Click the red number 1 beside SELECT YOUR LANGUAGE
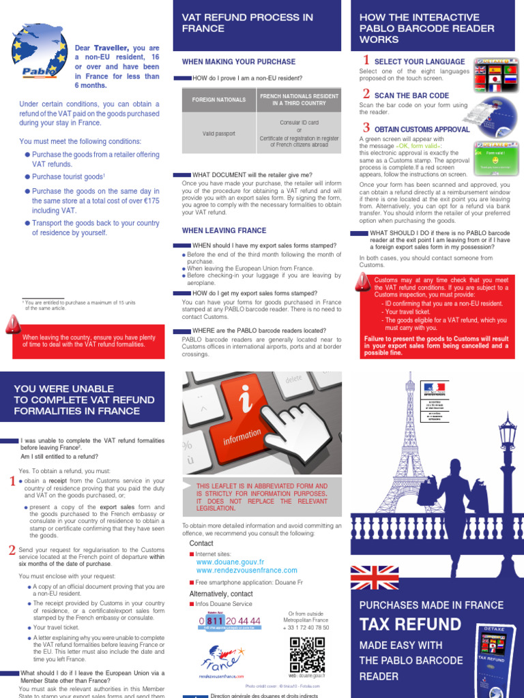[x=366, y=61]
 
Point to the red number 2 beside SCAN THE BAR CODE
[x=366, y=94]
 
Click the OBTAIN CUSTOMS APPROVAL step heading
[x=422, y=129]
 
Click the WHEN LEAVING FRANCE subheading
[x=224, y=230]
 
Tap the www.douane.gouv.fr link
[x=231, y=562]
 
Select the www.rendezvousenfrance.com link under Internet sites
[x=246, y=571]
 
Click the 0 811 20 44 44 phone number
[x=230, y=621]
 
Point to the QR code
[x=306, y=654]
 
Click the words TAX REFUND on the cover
[x=410, y=624]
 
